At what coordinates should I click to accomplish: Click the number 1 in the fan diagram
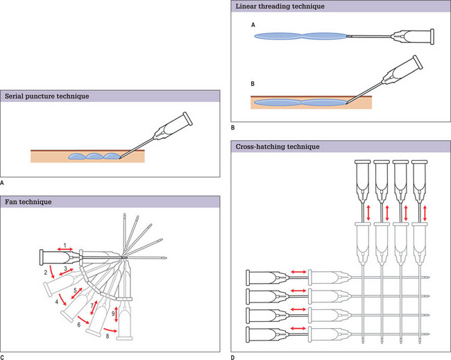(x=64, y=243)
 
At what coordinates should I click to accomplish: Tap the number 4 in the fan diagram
(x=56, y=302)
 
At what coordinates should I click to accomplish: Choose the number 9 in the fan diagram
(x=112, y=315)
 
